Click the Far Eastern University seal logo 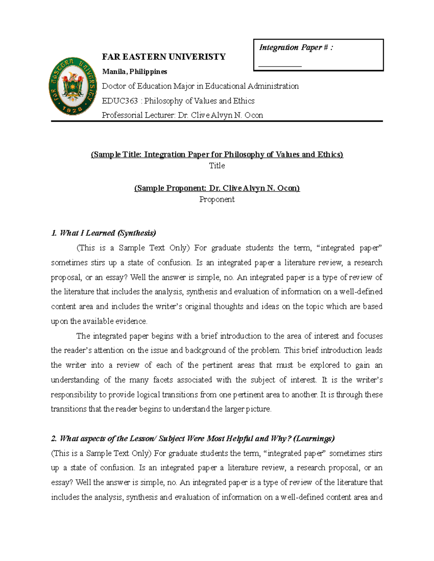tap(73, 86)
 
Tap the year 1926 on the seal tap(73, 109)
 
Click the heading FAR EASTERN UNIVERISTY tap(163, 57)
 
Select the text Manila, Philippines tap(135, 72)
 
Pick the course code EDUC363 tap(120, 101)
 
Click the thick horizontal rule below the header tap(217, 121)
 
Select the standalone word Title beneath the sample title tap(217, 165)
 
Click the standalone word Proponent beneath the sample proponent tap(217, 199)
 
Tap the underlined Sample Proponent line tap(217, 188)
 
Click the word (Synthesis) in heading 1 tap(137, 233)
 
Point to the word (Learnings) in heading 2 tap(314, 439)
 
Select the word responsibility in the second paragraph tap(74, 394)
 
